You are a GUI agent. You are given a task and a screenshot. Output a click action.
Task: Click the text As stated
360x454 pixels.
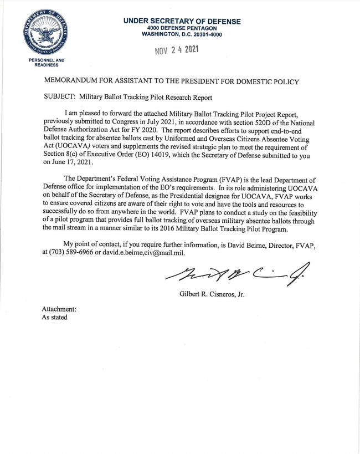click(x=55, y=317)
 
